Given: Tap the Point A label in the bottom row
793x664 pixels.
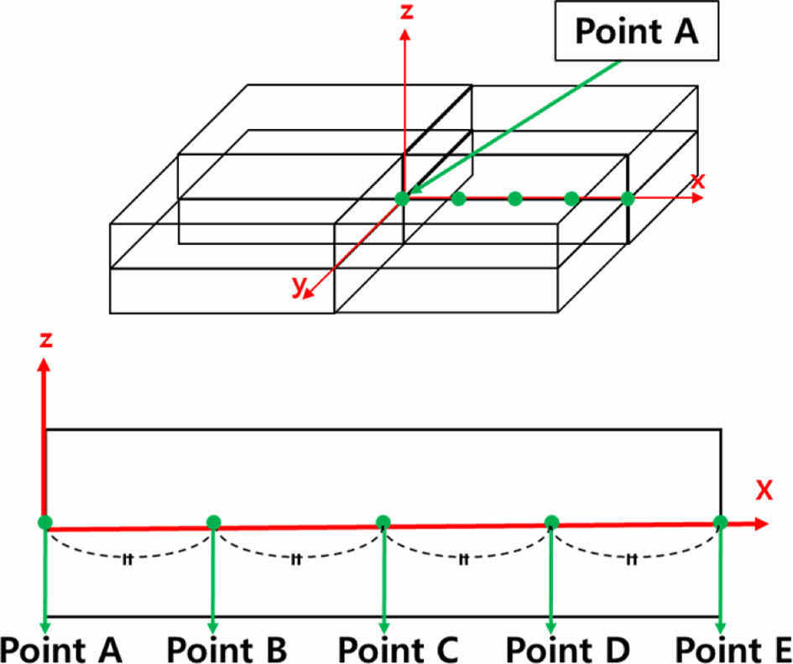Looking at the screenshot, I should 60,649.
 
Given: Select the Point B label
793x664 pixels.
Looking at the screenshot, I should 227,649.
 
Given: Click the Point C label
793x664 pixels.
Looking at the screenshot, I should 398,649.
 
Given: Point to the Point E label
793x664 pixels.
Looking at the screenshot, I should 733,649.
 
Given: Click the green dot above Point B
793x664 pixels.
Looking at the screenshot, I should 213,523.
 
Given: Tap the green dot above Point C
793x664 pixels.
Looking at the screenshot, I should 383,522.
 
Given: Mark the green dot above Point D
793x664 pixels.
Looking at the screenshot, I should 551,522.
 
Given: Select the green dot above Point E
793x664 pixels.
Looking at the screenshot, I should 720,521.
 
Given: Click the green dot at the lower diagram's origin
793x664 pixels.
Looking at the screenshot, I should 45,522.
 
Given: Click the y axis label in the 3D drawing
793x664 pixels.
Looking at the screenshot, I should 298,285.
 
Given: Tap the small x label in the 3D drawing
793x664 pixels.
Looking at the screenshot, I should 697,179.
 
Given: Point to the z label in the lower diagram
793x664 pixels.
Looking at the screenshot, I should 47,340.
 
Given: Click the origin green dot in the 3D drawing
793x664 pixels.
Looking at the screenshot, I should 402,199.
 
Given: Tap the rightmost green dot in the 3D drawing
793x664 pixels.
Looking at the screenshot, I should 627,199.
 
